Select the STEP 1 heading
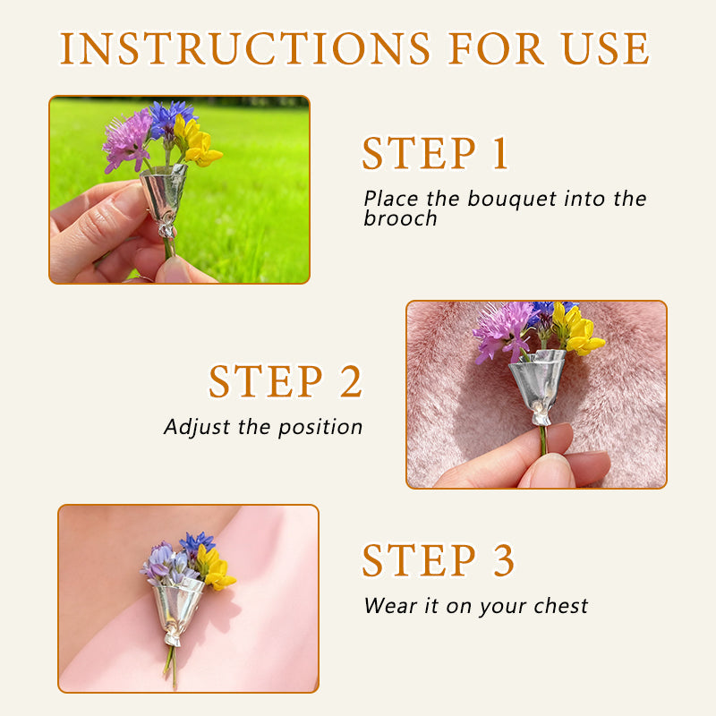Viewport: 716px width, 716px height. point(435,154)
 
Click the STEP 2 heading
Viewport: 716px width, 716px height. point(286,382)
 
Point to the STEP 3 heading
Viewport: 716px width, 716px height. point(439,561)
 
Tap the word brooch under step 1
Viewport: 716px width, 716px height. point(400,219)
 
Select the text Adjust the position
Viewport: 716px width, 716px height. point(263,427)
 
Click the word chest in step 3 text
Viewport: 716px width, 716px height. point(558,606)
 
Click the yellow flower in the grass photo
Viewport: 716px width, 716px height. point(199,143)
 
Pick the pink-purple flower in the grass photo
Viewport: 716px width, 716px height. point(127,139)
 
